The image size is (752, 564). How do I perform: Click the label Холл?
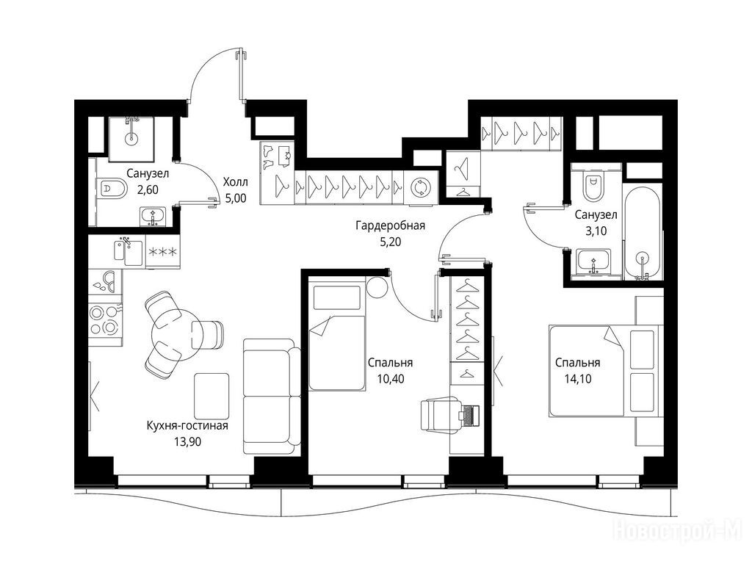[235, 182]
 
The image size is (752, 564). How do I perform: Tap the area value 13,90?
[187, 441]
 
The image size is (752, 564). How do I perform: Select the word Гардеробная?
[391, 225]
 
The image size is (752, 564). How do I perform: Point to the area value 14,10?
[578, 379]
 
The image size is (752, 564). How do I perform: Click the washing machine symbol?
[420, 187]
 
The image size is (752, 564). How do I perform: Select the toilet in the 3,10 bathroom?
[593, 186]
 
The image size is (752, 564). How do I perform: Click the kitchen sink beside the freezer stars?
[128, 252]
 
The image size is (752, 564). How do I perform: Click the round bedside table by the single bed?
[377, 288]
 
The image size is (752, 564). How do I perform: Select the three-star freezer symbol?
[163, 252]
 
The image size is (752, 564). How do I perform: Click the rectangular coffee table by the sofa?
[211, 396]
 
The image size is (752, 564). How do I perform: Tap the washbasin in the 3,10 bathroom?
[593, 261]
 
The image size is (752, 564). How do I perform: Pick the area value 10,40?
[391, 379]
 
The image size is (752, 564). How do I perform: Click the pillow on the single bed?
[336, 298]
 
